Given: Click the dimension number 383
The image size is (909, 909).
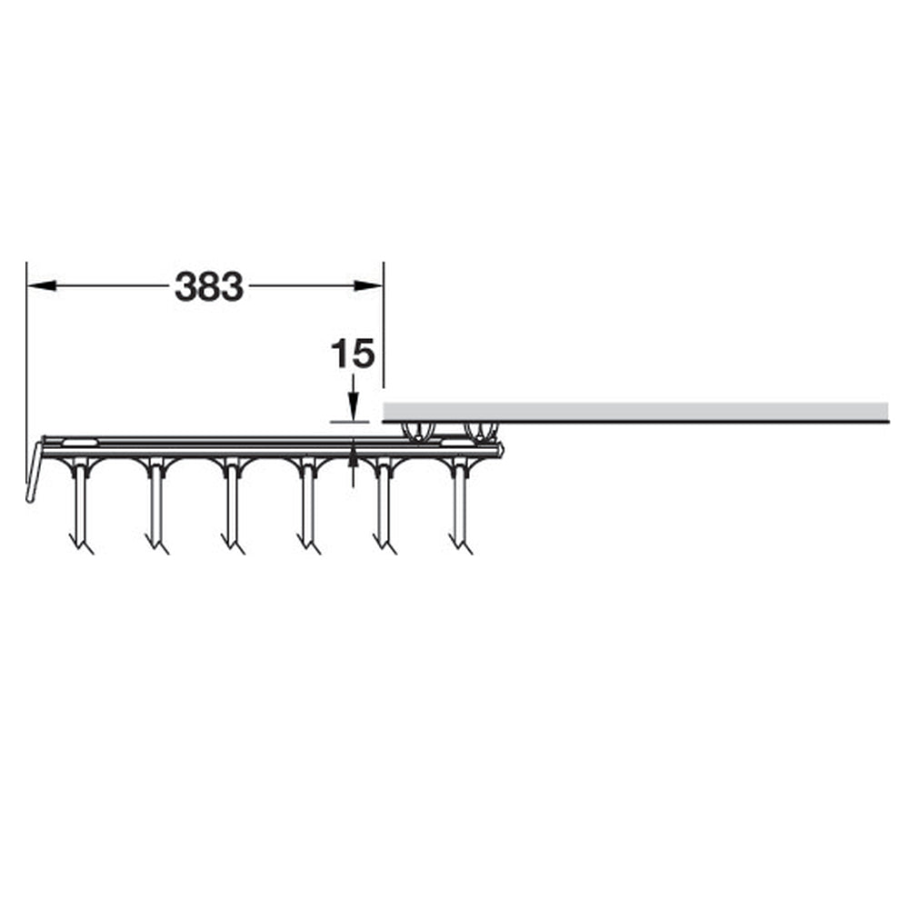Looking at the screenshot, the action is [x=209, y=286].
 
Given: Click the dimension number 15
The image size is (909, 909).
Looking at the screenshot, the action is [x=353, y=354].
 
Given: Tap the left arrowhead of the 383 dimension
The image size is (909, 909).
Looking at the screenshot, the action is [x=41, y=285].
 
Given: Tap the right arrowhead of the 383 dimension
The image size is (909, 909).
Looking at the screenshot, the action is [x=369, y=285].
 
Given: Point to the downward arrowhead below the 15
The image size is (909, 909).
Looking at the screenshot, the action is [x=353, y=405].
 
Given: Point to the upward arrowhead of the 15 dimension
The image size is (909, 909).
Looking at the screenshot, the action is [x=353, y=454].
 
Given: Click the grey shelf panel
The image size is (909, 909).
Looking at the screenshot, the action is [x=635, y=412].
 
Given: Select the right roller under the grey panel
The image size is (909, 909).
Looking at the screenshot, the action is [x=481, y=433].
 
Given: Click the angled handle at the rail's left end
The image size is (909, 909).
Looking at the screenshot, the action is [x=35, y=471].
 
